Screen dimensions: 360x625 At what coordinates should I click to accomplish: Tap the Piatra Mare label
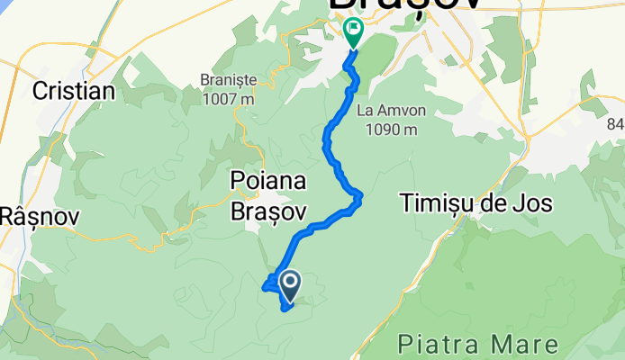[477, 345]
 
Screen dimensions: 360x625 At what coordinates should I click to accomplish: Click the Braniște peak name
[229, 81]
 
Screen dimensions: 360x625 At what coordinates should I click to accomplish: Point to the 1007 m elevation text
[229, 98]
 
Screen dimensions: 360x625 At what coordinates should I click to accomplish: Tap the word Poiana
[268, 181]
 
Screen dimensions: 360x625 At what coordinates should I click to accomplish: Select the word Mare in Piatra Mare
[525, 345]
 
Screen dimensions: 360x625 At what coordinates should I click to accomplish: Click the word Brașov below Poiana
[269, 211]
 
